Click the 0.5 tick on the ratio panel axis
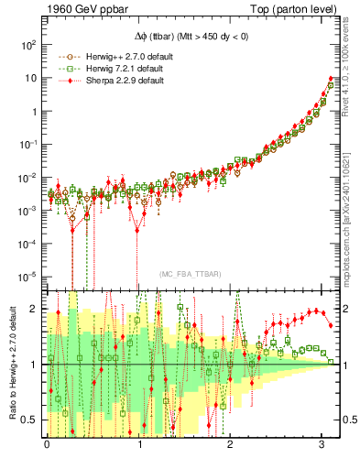click(x=29, y=420)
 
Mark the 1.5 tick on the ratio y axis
click(x=29, y=336)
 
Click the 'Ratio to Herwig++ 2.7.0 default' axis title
click(x=12, y=364)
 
